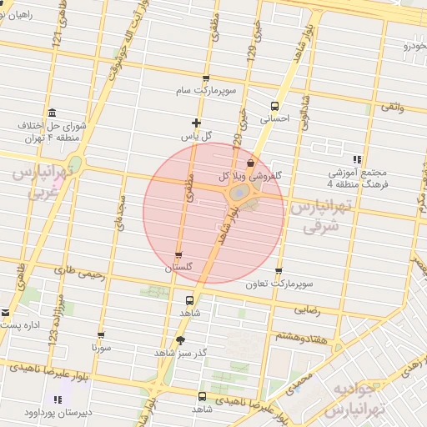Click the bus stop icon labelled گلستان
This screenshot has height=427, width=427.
pos(178,255)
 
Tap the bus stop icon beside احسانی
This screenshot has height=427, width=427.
pos(275,106)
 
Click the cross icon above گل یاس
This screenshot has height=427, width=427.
pos(196,123)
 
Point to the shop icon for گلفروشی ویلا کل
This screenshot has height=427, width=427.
pos(250,163)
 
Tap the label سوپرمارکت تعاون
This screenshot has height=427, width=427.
pos(279,284)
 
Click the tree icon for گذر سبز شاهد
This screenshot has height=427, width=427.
pos(181,339)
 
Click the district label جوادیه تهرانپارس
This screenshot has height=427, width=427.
pos(360,401)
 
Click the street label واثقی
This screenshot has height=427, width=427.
pos(392,107)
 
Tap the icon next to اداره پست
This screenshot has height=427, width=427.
pos(6,314)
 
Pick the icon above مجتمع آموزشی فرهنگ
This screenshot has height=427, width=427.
pos(358,159)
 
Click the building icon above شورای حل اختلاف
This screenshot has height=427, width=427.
pos(53,113)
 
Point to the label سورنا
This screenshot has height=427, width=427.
pos(102,346)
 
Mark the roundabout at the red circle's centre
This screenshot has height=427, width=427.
pos(239,194)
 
